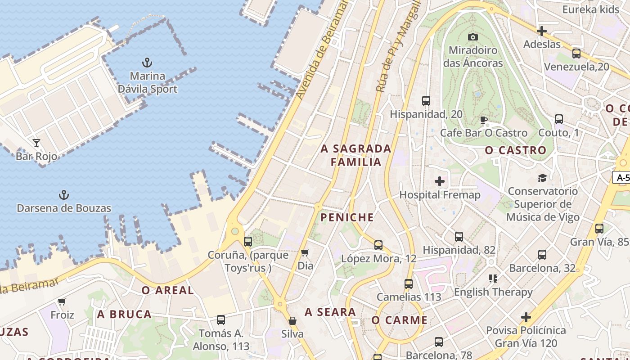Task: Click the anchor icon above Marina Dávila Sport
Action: point(147,62)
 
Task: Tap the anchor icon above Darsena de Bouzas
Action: point(64,195)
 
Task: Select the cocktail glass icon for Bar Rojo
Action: point(36,143)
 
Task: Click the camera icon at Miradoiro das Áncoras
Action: point(472,37)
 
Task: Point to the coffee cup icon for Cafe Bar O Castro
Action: point(484,120)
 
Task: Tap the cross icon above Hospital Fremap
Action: point(440,181)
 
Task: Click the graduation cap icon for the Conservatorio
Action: point(542,178)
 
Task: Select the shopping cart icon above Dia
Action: point(305,252)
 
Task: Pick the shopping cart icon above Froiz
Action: point(62,301)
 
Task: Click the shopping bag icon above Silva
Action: point(292,321)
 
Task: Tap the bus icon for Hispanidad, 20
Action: point(426,101)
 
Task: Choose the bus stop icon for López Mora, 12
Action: point(378,245)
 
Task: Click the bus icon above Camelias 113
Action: point(409,284)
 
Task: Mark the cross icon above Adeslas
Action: point(542,31)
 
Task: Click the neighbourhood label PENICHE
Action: point(347,218)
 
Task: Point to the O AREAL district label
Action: point(168,291)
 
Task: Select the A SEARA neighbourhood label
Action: point(330,312)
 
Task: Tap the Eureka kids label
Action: point(591,9)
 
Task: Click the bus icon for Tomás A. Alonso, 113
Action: point(221,320)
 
